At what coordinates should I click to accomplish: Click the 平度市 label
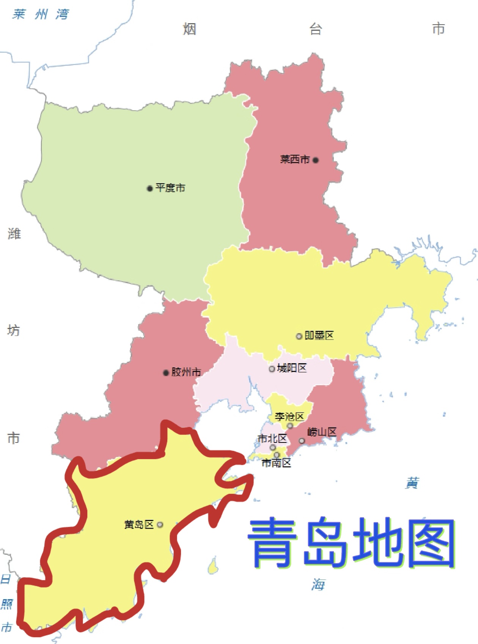pos(170,188)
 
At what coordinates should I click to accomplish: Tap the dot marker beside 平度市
pos(150,188)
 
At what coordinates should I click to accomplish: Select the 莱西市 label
pos(295,159)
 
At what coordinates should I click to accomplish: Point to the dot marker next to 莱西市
pos(316,160)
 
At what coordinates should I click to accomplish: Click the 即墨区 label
pos(319,335)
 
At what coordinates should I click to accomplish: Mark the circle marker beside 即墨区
pos(299,336)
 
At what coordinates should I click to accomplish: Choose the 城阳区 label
pos(292,368)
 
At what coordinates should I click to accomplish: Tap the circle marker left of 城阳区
pos(272,369)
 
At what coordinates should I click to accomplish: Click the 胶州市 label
pos(186,372)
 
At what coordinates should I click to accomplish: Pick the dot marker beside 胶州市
pos(166,373)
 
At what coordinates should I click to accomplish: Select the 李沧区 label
pos(289,417)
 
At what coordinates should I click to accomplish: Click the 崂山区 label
pos(322,432)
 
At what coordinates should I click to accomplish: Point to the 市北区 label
pos(272,439)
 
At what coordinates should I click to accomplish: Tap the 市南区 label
pos(276,463)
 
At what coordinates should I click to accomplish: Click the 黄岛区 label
pos(139,524)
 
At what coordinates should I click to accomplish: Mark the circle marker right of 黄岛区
pos(160,525)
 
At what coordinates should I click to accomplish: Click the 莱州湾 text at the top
pos(41,14)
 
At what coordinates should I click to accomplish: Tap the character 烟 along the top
pos(189,29)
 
